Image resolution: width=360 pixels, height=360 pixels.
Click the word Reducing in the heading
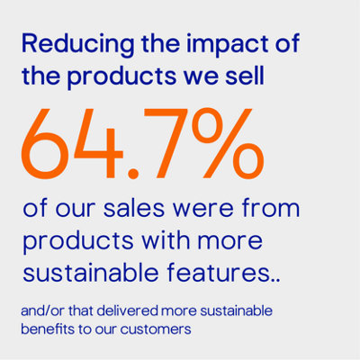click(x=65, y=42)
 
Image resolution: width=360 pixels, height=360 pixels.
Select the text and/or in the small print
click(x=44, y=310)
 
